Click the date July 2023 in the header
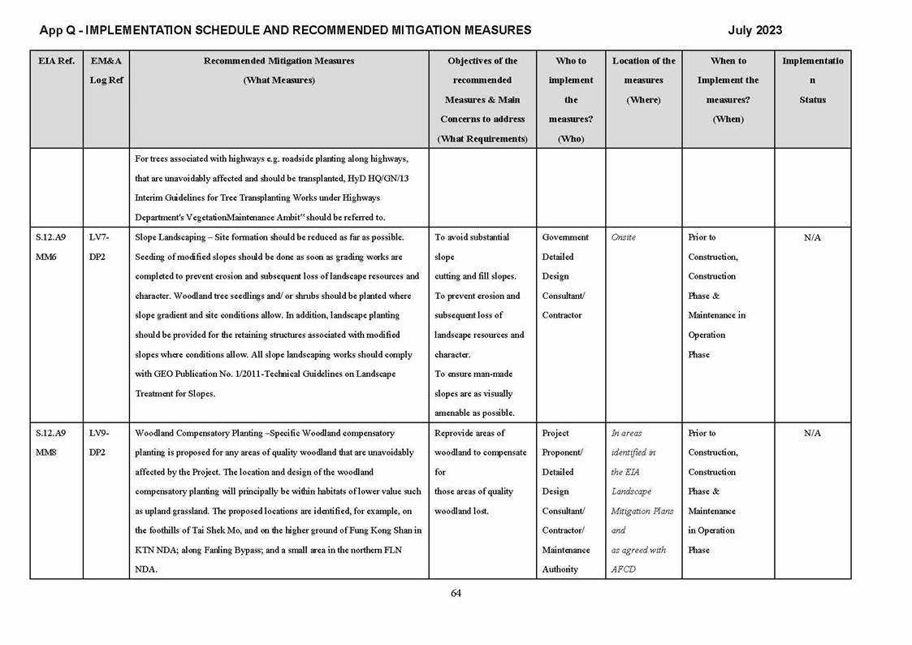pos(754,30)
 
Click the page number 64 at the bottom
pos(456,593)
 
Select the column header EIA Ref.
pos(56,61)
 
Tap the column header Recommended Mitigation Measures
pos(279,61)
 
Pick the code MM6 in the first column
pos(46,257)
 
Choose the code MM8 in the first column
pos(46,452)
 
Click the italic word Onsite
pos(624,237)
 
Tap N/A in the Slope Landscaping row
pos(812,237)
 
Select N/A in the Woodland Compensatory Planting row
pos(812,433)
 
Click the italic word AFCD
pos(622,569)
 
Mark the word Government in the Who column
pos(565,237)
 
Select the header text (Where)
pos(643,100)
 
